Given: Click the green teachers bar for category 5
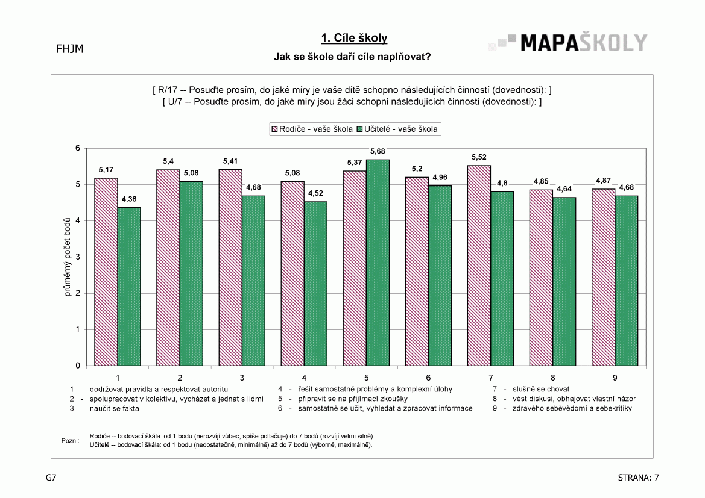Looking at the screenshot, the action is pos(378,263).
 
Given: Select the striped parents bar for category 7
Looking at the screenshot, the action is pos(479,266).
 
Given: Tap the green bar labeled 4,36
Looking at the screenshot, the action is pos(129,287).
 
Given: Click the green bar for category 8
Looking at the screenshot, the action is pos(564,282).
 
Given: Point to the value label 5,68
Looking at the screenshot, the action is pos(378,152).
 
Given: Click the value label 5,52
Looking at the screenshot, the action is pos(479,157).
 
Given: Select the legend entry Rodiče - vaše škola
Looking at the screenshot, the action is pos(312,129).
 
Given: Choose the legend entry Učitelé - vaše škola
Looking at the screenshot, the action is pos(397,129).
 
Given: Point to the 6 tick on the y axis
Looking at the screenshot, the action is pos(78,148).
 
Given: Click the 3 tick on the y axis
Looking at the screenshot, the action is pos(78,257).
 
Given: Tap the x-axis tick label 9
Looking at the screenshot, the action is pos(615,378).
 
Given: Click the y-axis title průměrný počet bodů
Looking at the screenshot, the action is pos(68,257).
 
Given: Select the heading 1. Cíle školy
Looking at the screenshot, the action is pos(354,38).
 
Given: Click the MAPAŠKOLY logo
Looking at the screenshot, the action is pos(568,43).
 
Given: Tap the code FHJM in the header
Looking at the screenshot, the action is pos(70,49).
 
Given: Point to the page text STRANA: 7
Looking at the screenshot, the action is pos(639,478).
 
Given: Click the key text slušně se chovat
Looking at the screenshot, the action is pos(541,390).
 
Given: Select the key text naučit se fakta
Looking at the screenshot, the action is pos(115,409).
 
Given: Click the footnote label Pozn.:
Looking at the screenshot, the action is pos(71,441).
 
